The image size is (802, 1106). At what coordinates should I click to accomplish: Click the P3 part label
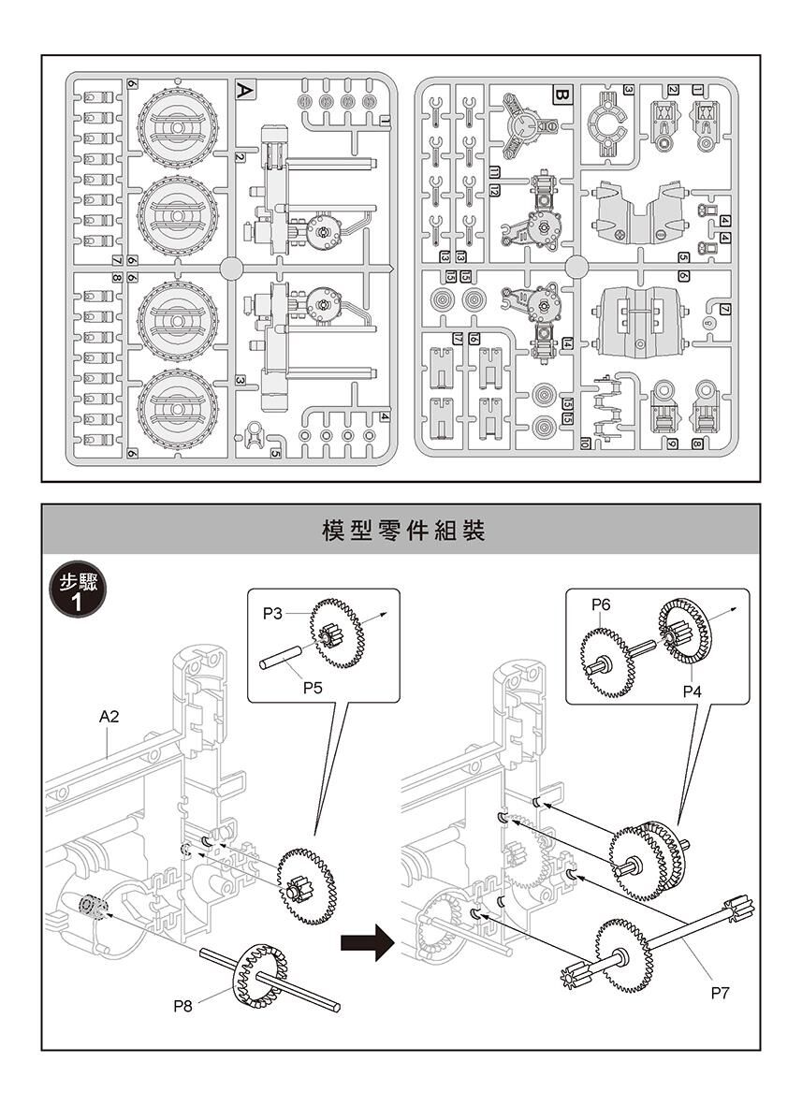point(272,614)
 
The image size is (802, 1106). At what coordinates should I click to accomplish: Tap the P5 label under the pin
point(313,688)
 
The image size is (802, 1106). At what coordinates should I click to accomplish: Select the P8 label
point(184,1007)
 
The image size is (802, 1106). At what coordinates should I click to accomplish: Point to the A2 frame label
point(109,717)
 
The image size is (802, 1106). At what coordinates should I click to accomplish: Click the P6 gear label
point(601,605)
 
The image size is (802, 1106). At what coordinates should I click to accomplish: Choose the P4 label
point(692,691)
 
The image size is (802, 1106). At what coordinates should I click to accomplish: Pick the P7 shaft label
point(719,993)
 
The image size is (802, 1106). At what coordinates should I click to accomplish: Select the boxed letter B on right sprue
point(561,95)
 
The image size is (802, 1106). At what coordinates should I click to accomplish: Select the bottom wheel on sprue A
point(178,408)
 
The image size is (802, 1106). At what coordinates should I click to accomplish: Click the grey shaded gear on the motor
point(92,905)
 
